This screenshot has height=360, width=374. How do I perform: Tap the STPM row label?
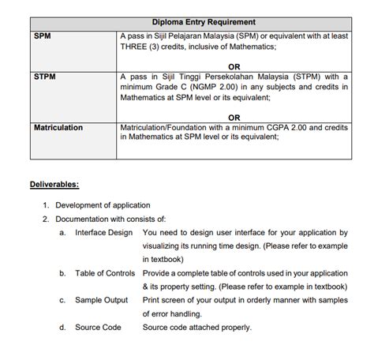(46, 77)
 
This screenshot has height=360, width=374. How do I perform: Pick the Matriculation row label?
(59, 127)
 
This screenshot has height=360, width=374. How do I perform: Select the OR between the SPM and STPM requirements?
(234, 67)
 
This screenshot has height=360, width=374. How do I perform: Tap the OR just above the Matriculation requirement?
(234, 117)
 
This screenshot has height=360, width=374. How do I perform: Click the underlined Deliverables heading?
(54, 185)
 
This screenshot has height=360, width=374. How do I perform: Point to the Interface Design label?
(104, 233)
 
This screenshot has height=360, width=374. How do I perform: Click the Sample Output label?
(101, 300)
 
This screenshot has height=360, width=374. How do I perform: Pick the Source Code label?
(98, 327)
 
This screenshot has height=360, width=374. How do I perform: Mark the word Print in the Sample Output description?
(151, 300)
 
